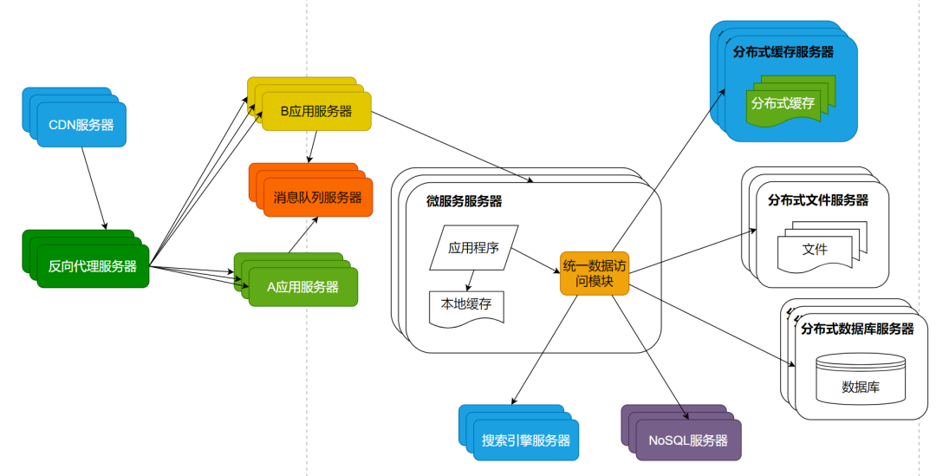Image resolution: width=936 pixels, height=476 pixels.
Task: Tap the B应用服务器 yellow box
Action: pos(316,112)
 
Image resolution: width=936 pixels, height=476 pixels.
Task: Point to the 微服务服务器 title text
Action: pos(464,202)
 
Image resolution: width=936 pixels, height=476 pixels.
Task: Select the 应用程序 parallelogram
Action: pos(474,248)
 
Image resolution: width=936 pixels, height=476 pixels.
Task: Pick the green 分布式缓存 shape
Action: pos(783,103)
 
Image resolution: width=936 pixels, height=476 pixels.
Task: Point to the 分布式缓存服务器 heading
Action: pos(783,52)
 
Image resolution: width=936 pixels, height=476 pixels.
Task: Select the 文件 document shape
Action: pos(815,250)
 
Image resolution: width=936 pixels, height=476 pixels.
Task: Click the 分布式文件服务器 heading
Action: pos(818,200)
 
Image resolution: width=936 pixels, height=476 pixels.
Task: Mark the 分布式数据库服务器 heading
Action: pos(857,329)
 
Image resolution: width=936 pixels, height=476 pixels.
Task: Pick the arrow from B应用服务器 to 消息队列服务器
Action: pos(311,147)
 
